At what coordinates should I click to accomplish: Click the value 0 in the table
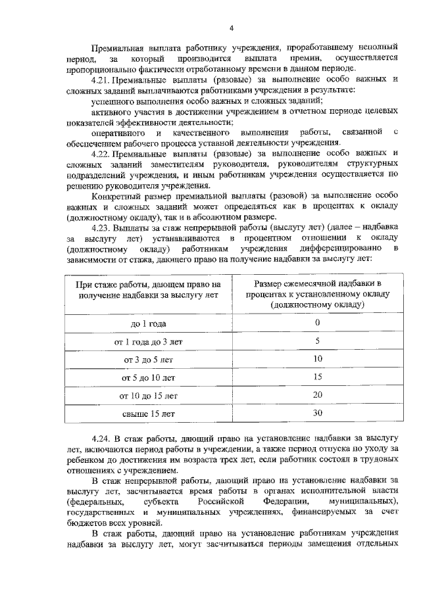[317, 323]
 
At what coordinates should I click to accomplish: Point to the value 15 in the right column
[317, 377]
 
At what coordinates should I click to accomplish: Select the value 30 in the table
[317, 414]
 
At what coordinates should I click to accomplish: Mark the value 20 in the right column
[317, 395]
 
